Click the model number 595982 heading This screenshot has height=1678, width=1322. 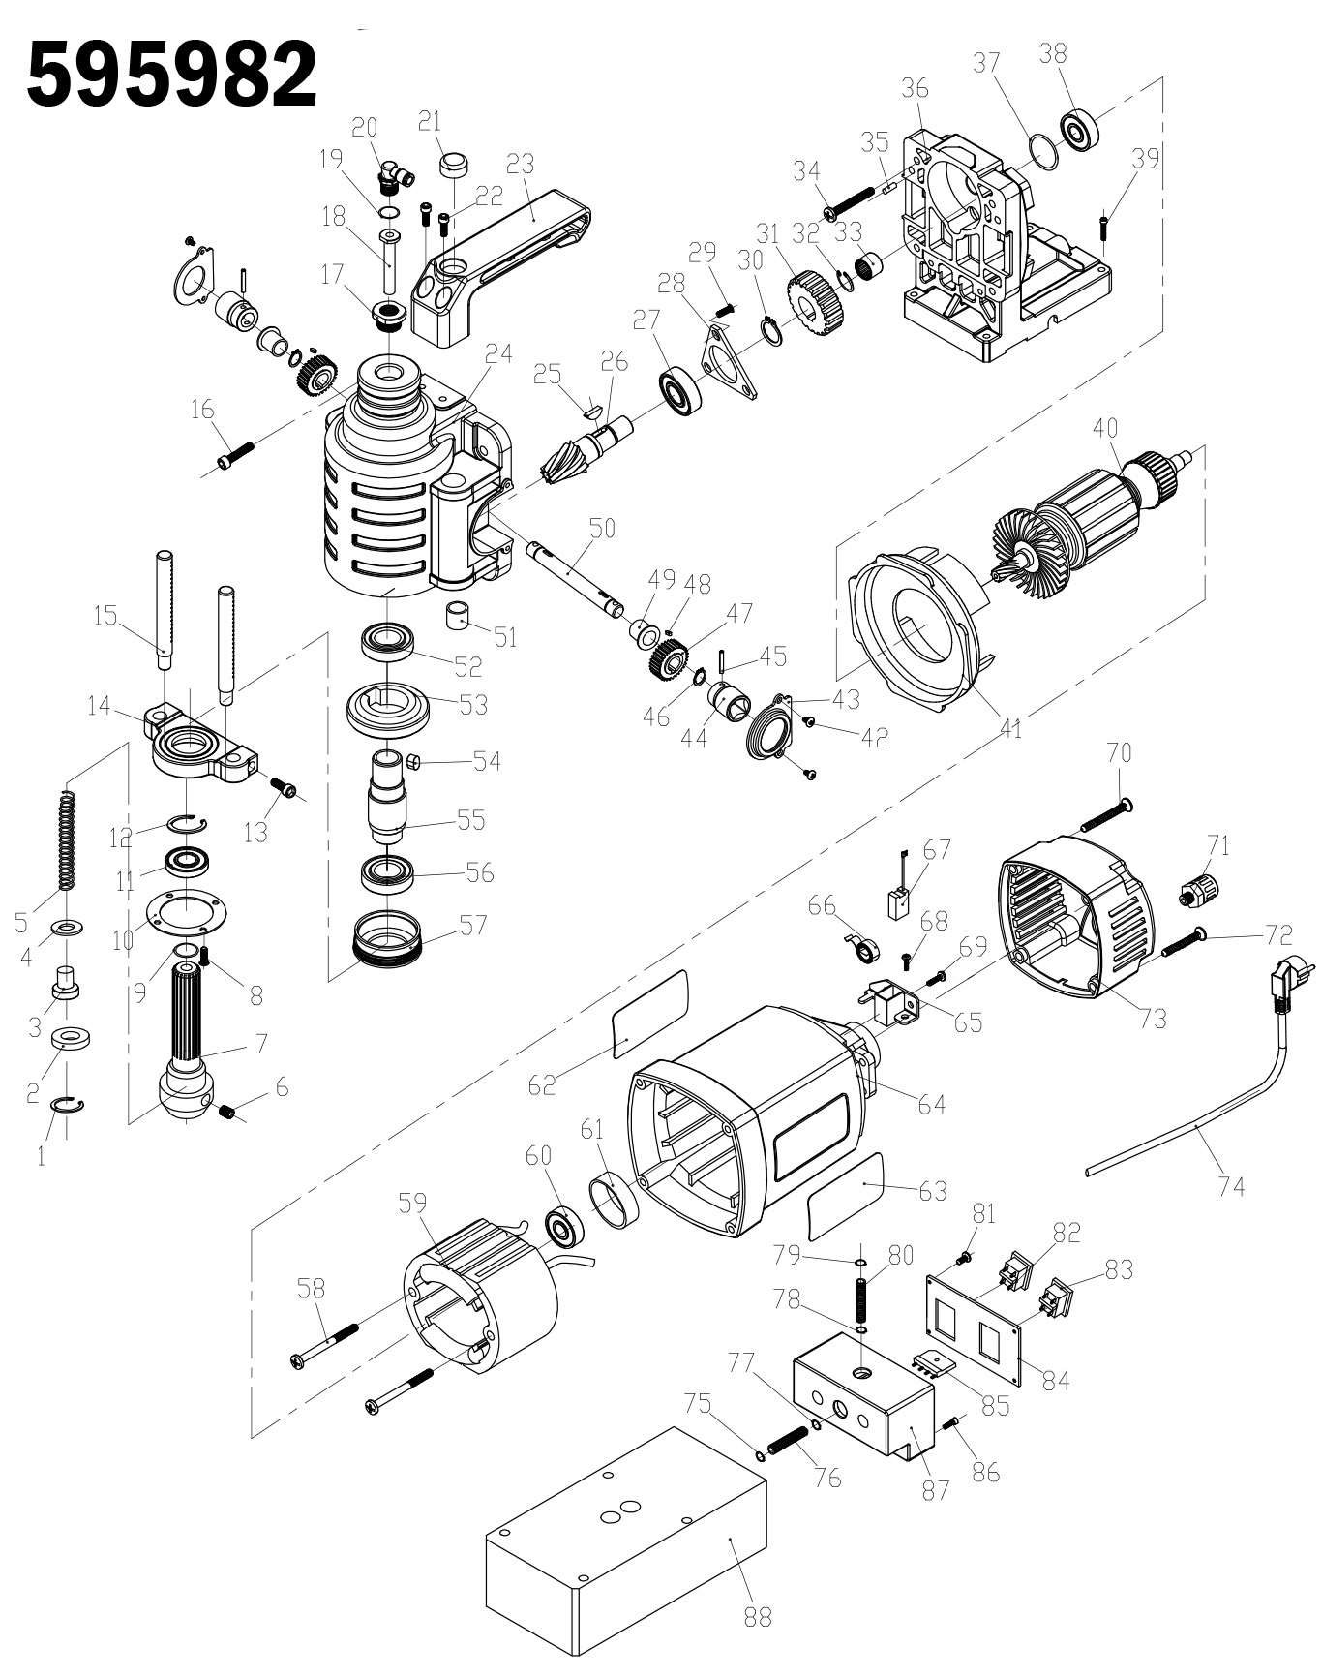172,75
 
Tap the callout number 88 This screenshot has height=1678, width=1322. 758,1616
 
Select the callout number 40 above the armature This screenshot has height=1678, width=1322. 1105,427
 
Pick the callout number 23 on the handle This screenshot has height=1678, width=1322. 521,163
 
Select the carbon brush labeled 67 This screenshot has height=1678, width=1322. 899,900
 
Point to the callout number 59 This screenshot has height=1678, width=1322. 412,1204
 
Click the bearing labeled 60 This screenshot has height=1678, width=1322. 564,1228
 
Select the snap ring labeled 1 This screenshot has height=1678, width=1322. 67,1107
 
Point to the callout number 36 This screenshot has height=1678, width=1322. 915,88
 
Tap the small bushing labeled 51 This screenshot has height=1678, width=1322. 462,615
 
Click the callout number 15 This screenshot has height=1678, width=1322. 105,615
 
